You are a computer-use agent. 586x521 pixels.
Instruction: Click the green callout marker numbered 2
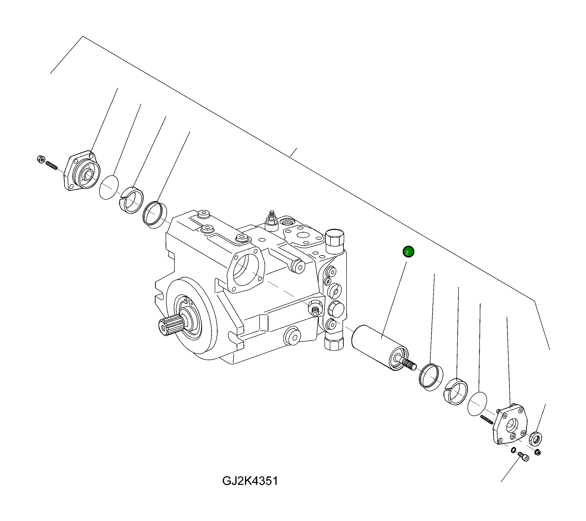(408, 252)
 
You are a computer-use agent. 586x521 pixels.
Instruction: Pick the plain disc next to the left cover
(109, 187)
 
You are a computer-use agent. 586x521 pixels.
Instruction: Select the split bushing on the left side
(131, 200)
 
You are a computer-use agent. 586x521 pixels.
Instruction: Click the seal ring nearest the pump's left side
(155, 214)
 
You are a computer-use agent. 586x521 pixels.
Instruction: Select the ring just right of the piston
(431, 377)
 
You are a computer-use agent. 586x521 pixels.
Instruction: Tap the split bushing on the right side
(456, 391)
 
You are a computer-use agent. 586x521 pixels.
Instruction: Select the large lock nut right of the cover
(535, 438)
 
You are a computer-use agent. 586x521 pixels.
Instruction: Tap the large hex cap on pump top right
(335, 237)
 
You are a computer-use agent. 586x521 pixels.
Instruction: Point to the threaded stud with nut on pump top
(272, 220)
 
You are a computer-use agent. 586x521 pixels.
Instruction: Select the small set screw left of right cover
(487, 420)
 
